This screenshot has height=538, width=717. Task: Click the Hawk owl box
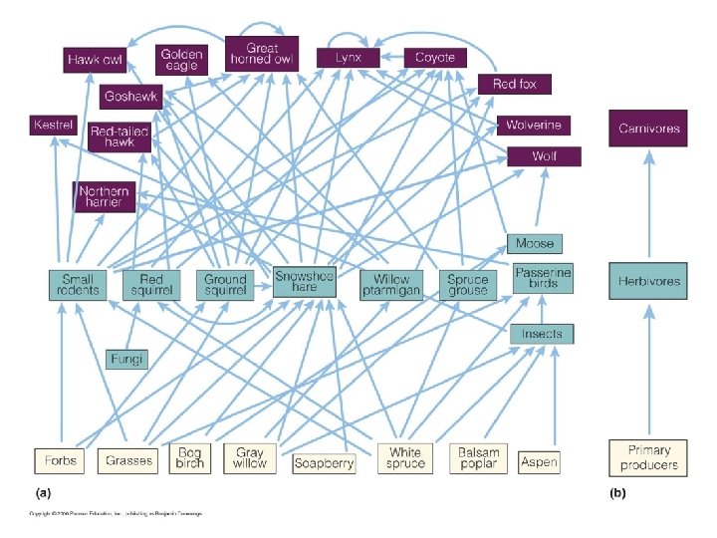(x=96, y=60)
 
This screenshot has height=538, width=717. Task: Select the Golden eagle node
(x=182, y=60)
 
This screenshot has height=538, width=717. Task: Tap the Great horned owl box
(x=262, y=54)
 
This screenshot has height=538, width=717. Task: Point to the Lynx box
(x=349, y=58)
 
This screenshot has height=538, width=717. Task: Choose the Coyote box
(x=434, y=58)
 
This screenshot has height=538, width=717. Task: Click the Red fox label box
(x=514, y=84)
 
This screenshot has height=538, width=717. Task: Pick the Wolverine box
(x=534, y=126)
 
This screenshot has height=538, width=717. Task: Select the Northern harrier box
(x=104, y=196)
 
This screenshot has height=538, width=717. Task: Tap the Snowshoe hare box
(x=305, y=282)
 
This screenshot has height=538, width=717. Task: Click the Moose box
(x=535, y=243)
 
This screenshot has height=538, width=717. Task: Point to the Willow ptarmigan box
(x=391, y=285)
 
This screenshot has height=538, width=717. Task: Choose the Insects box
(x=542, y=334)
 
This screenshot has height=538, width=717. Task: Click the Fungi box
(x=126, y=357)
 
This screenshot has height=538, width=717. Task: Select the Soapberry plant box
(x=324, y=462)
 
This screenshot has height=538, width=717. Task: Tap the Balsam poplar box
(x=478, y=458)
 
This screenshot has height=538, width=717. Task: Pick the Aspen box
(x=539, y=461)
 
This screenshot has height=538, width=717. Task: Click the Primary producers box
(x=648, y=457)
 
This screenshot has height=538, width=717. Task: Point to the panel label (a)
(x=43, y=492)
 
